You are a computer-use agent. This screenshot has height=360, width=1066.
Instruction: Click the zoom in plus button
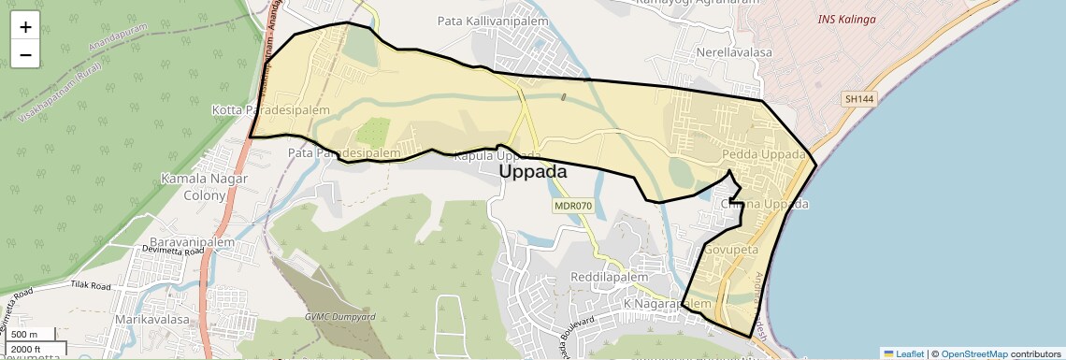point(25,27)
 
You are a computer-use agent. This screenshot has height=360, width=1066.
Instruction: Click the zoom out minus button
point(25,55)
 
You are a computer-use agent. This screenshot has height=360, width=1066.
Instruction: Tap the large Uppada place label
point(533,172)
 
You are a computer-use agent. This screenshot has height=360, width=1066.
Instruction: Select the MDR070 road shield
point(573,205)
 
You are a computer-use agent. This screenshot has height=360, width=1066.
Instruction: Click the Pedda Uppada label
point(764,154)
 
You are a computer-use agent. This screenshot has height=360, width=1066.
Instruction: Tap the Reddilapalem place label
point(609,279)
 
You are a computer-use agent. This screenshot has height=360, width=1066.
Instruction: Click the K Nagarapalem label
point(668,305)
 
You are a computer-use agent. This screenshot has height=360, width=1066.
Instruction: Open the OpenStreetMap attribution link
point(973,353)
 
